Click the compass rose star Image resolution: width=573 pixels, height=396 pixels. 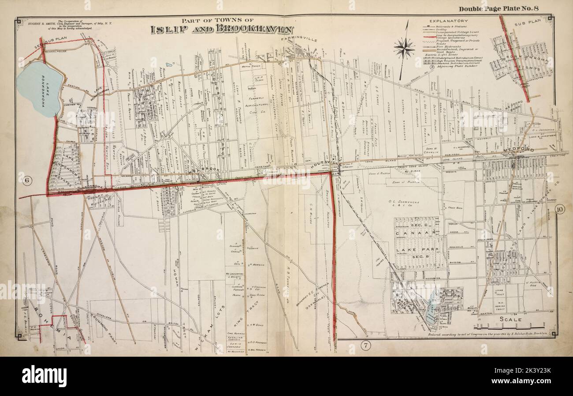coord(404,48)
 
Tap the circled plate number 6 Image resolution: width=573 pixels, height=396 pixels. coord(26,179)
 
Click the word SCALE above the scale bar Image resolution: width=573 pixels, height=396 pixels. coord(511,319)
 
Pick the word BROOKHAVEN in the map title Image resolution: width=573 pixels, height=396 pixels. coord(257,30)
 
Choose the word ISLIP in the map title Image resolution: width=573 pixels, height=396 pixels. coord(167,30)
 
